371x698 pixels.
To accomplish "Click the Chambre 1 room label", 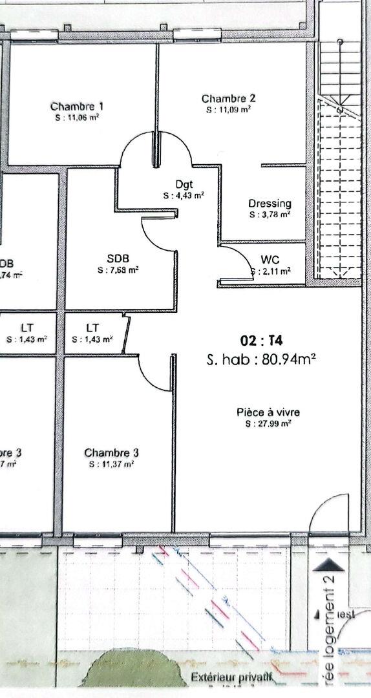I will pyautogui.click(x=77, y=107).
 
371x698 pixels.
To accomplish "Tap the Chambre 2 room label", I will pyautogui.click(x=228, y=99).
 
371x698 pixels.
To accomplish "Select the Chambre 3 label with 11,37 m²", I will pyautogui.click(x=111, y=453).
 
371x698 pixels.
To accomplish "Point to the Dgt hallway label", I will pyautogui.click(x=184, y=184).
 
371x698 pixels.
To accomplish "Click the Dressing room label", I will pyautogui.click(x=270, y=204).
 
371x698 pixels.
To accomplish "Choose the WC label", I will pyautogui.click(x=270, y=260).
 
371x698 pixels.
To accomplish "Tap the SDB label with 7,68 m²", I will pyautogui.click(x=119, y=259).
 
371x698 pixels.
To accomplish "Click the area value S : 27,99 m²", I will pyautogui.click(x=268, y=424).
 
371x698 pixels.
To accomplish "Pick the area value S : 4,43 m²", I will pyautogui.click(x=184, y=195).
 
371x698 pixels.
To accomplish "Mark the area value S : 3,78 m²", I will pyautogui.click(x=270, y=215).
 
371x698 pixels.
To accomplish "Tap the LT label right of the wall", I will pyautogui.click(x=93, y=328).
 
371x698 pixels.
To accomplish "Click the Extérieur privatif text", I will pyautogui.click(x=230, y=678).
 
